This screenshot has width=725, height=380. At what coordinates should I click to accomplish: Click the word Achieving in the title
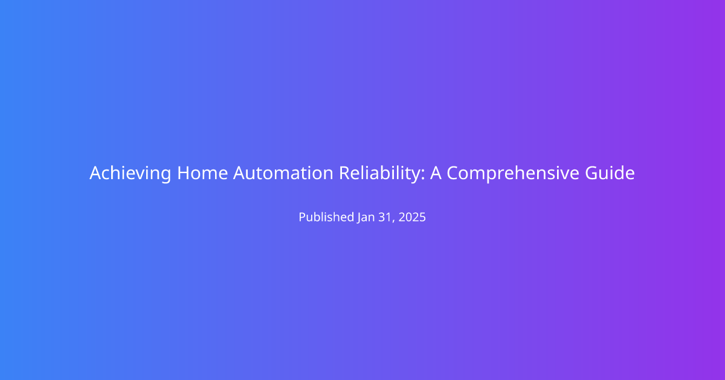130,173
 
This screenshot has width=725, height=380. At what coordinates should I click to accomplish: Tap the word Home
202,173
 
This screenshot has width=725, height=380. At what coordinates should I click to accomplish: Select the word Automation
283,173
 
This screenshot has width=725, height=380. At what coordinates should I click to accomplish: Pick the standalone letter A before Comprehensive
436,173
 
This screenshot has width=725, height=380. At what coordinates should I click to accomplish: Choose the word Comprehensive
513,173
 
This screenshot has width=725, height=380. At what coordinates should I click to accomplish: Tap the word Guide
610,173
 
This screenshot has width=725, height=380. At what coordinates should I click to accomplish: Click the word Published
326,217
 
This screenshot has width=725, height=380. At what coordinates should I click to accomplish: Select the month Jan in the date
366,217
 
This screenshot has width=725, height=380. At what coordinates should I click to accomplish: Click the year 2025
412,217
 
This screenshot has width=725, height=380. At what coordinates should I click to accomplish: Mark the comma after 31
393,221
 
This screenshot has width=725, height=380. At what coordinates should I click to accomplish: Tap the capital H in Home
183,173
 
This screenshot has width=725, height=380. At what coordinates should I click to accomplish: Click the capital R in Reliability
344,173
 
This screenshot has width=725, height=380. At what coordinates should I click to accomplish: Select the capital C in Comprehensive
453,173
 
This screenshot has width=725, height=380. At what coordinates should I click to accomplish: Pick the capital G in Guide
591,173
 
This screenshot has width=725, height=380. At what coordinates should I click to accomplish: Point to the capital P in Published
302,217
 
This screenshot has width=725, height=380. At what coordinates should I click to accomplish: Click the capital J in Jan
359,218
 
